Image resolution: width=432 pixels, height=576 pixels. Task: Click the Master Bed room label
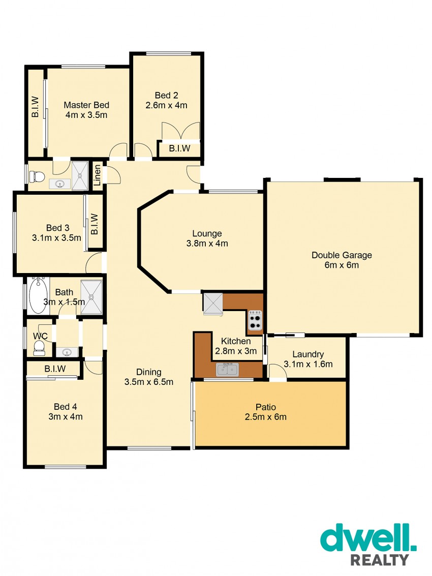[86, 105]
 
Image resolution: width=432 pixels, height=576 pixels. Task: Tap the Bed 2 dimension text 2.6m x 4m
[166, 105]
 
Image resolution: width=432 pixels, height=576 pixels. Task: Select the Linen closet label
[97, 175]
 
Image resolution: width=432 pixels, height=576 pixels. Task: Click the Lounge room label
[207, 234]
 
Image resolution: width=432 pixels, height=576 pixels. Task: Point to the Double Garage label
[342, 255]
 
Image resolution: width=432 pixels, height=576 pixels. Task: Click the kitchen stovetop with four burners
[255, 320]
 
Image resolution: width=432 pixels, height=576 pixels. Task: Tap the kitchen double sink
[227, 369]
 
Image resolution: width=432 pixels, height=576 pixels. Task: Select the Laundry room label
[308, 354]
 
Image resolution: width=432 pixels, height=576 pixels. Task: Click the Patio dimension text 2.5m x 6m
[266, 417]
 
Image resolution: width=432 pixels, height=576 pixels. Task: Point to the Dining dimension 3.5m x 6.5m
[149, 382]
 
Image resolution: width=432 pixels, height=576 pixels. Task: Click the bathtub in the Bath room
[38, 296]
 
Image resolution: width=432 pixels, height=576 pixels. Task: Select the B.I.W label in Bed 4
[55, 369]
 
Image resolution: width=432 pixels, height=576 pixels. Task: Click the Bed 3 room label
[57, 228]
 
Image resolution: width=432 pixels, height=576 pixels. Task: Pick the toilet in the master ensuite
[37, 177]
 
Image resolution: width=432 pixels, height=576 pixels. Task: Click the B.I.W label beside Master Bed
[35, 107]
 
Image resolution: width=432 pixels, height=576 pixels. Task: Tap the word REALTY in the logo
[380, 560]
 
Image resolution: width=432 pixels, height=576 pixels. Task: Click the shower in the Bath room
[91, 297]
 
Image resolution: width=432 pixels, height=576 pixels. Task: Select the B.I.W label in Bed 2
[179, 148]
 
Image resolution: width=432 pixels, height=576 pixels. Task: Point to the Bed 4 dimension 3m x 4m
[66, 417]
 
